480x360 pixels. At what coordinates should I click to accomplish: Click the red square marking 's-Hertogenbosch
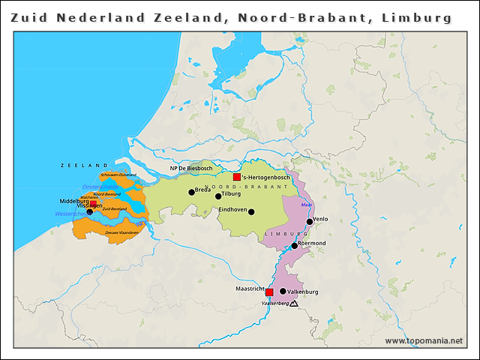tap(237, 177)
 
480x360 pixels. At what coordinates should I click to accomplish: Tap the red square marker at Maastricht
tap(269, 292)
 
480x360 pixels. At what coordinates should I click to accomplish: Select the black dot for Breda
tap(191, 192)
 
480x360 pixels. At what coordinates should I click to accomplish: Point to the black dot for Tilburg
tap(218, 196)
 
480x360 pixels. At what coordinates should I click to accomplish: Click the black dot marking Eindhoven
tap(252, 212)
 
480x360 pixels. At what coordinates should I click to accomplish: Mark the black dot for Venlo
tap(309, 221)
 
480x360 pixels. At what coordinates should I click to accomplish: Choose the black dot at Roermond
tap(295, 245)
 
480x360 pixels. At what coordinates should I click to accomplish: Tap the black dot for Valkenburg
tap(283, 291)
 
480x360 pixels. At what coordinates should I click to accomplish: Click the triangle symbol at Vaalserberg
tap(293, 304)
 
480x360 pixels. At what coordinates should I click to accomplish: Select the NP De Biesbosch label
tap(192, 169)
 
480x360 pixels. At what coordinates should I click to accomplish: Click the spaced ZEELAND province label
tap(85, 165)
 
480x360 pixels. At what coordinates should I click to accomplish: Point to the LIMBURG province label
tap(281, 234)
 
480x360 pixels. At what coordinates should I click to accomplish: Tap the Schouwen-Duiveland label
tap(118, 175)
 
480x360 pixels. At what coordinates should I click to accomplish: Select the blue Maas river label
tap(305, 204)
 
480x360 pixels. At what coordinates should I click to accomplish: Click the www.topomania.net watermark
tap(424, 341)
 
